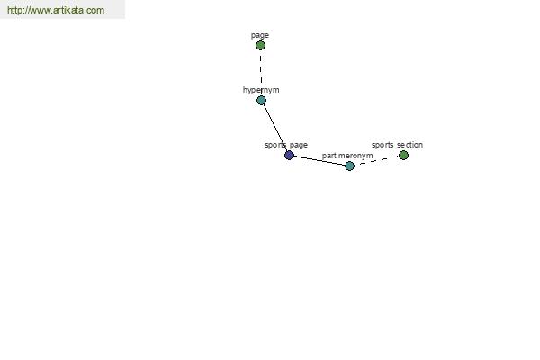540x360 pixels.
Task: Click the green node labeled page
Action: click(x=260, y=46)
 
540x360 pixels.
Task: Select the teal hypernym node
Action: click(x=261, y=101)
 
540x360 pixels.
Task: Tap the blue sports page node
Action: click(x=289, y=156)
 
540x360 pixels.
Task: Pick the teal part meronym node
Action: click(x=349, y=166)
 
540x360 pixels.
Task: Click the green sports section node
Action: click(x=403, y=156)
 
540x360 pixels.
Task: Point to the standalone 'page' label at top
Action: click(x=260, y=35)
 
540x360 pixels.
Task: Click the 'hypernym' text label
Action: click(x=261, y=90)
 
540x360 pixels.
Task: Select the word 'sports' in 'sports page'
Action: click(x=275, y=145)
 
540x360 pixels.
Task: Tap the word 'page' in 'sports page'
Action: click(x=298, y=146)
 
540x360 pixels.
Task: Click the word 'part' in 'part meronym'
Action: click(x=328, y=156)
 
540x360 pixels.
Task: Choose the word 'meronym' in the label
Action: click(x=355, y=156)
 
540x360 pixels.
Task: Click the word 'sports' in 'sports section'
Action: click(x=382, y=145)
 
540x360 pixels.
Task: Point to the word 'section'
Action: click(x=409, y=145)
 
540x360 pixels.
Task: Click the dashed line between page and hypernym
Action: click(x=261, y=70)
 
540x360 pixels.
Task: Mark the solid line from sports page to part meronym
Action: click(x=319, y=161)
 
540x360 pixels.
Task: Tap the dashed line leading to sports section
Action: click(x=379, y=160)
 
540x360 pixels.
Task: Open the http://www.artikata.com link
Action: click(x=56, y=10)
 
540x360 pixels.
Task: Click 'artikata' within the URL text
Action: click(x=69, y=10)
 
